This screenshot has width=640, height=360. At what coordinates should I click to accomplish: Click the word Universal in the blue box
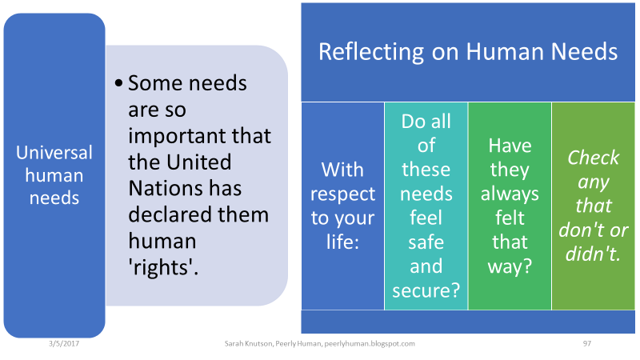[x=55, y=153]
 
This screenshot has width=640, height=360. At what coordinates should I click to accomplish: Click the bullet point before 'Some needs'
[x=118, y=83]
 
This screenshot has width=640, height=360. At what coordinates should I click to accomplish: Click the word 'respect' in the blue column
[x=342, y=194]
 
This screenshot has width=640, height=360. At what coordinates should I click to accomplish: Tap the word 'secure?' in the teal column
[x=426, y=290]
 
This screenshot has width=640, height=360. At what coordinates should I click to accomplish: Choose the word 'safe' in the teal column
[x=426, y=242]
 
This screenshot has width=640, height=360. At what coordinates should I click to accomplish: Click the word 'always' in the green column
[x=510, y=194]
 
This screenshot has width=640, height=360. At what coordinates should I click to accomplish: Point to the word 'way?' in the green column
[x=510, y=266]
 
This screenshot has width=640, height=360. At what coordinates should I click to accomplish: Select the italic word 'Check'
[x=593, y=158]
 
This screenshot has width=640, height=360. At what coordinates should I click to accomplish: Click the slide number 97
[x=586, y=343]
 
